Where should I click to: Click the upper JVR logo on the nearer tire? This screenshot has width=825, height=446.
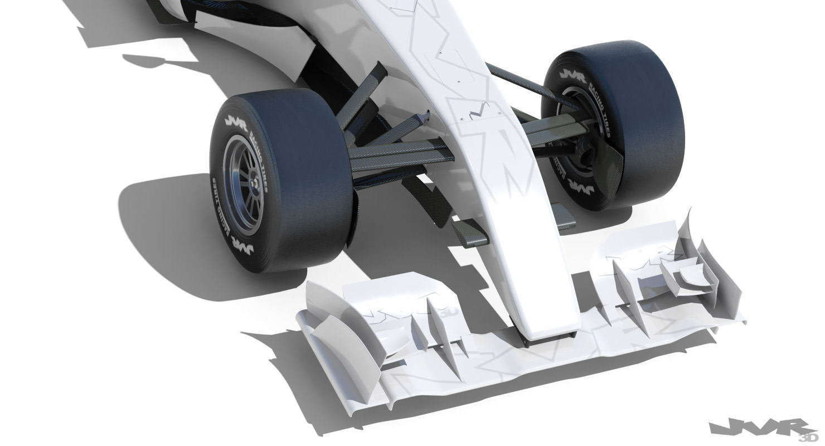236,121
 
